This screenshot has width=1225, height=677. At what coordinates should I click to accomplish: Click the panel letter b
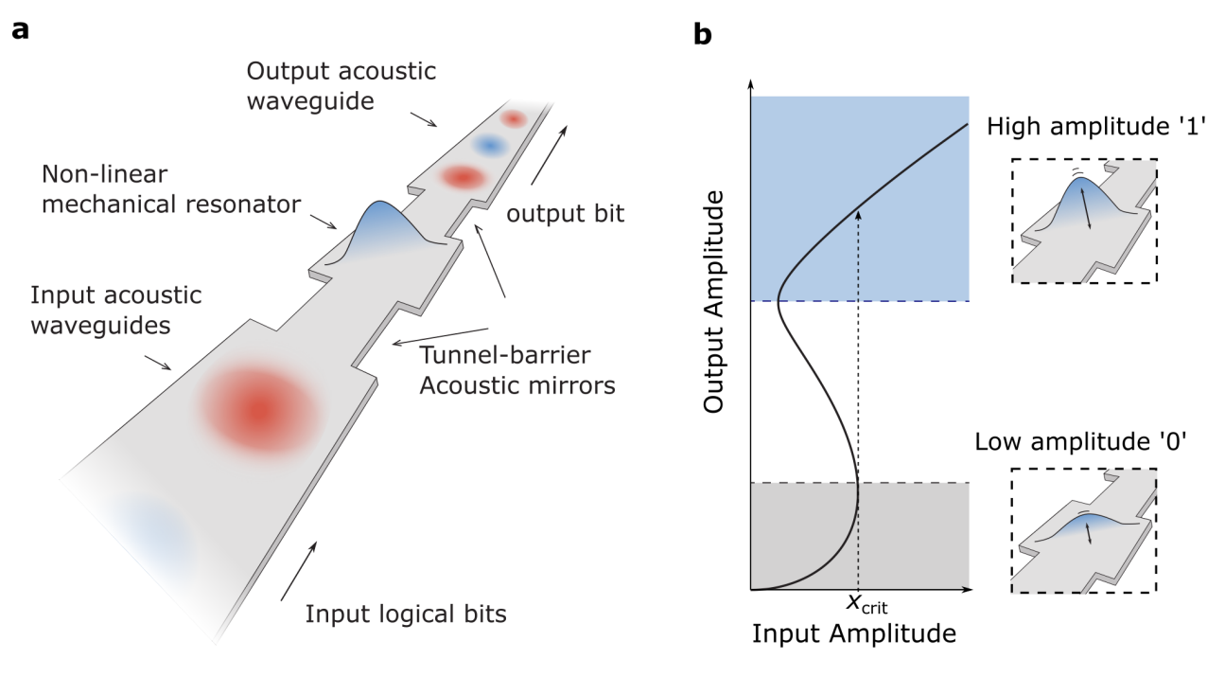coord(703,35)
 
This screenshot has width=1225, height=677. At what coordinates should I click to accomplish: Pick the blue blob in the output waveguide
coord(490,146)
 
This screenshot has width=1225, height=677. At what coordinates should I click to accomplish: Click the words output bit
coord(565,215)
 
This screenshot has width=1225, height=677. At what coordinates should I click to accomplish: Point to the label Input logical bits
coord(406,614)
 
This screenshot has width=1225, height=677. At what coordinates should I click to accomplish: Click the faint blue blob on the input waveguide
coord(151,537)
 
